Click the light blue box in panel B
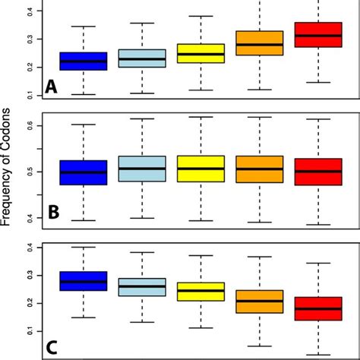tap(142, 169)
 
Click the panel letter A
tap(52, 87)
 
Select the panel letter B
tap(53, 213)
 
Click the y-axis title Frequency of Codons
tap(8, 179)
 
